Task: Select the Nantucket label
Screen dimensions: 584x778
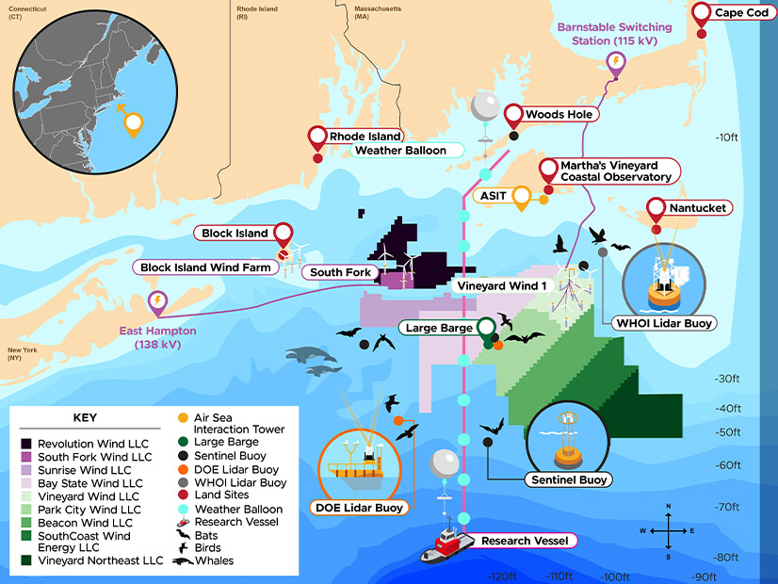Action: point(698,207)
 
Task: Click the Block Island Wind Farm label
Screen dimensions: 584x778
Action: point(205,268)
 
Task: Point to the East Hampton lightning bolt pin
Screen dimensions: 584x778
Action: point(157,301)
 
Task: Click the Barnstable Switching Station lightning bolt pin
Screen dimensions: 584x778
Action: point(616,63)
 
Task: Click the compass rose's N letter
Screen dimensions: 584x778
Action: point(668,507)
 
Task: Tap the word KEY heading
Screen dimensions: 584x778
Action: point(85,417)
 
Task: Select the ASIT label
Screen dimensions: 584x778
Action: point(494,195)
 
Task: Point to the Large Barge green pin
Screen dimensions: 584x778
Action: point(486,328)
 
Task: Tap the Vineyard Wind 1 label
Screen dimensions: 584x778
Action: point(501,285)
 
